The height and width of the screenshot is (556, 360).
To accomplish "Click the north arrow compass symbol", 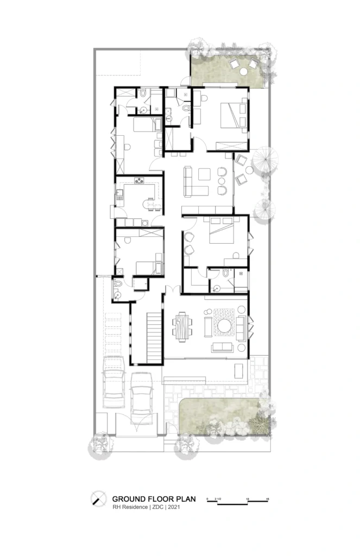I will (x=98, y=497).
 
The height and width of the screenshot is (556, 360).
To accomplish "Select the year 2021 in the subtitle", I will (x=174, y=507).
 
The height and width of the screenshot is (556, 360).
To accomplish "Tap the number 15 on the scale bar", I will (x=268, y=498).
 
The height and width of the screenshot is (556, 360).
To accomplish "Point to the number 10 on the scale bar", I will (x=248, y=498).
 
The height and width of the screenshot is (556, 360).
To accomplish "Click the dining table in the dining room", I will (x=182, y=325).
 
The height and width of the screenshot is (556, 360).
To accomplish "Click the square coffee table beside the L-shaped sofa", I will (x=205, y=174).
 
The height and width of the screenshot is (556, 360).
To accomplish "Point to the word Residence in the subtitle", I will (x=136, y=507).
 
